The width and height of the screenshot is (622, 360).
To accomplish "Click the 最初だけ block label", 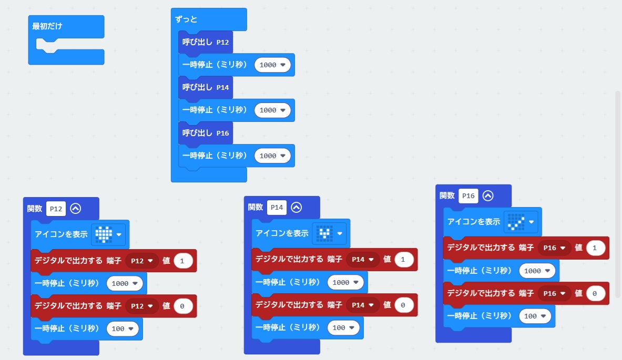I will tap(48, 26).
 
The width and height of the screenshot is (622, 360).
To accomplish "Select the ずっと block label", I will tap(187, 19).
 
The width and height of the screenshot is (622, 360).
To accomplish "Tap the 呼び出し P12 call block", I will tap(205, 42).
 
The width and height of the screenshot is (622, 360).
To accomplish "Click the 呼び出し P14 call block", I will tap(205, 87).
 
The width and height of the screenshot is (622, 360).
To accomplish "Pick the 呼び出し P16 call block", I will tap(205, 133).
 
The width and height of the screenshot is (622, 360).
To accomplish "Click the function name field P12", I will tap(56, 209).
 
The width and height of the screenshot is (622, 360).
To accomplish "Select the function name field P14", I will tap(277, 208).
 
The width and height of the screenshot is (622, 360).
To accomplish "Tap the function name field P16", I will tap(468, 196).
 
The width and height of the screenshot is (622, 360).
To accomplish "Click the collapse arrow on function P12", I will tap(75, 209).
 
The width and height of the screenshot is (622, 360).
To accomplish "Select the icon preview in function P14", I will tap(324, 233).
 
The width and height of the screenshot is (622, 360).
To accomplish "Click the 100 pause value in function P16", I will tap(536, 316).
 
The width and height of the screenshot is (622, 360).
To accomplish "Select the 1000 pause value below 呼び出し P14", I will tap(272, 110).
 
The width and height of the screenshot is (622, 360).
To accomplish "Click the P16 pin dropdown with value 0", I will tap(553, 293).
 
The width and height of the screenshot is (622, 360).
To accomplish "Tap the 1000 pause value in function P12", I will tap(125, 283).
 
